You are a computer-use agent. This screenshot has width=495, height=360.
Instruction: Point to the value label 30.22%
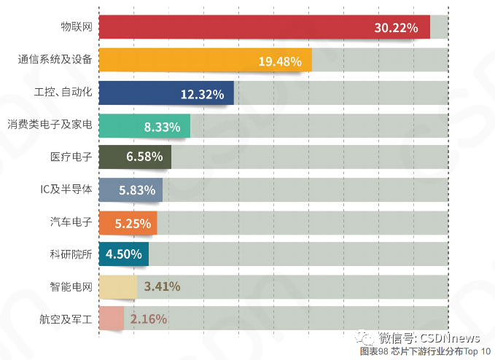tap(396, 28)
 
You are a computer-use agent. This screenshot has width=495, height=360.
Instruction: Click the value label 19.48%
tap(279, 61)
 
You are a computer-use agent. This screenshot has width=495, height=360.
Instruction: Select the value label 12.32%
tap(202, 94)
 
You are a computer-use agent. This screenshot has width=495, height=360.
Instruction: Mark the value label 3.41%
tap(162, 286)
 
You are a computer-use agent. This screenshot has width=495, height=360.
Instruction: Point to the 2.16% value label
tap(149, 318)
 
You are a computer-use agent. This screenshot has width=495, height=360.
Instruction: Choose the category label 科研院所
tap(71, 254)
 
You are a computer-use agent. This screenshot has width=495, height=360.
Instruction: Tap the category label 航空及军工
tap(66, 318)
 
